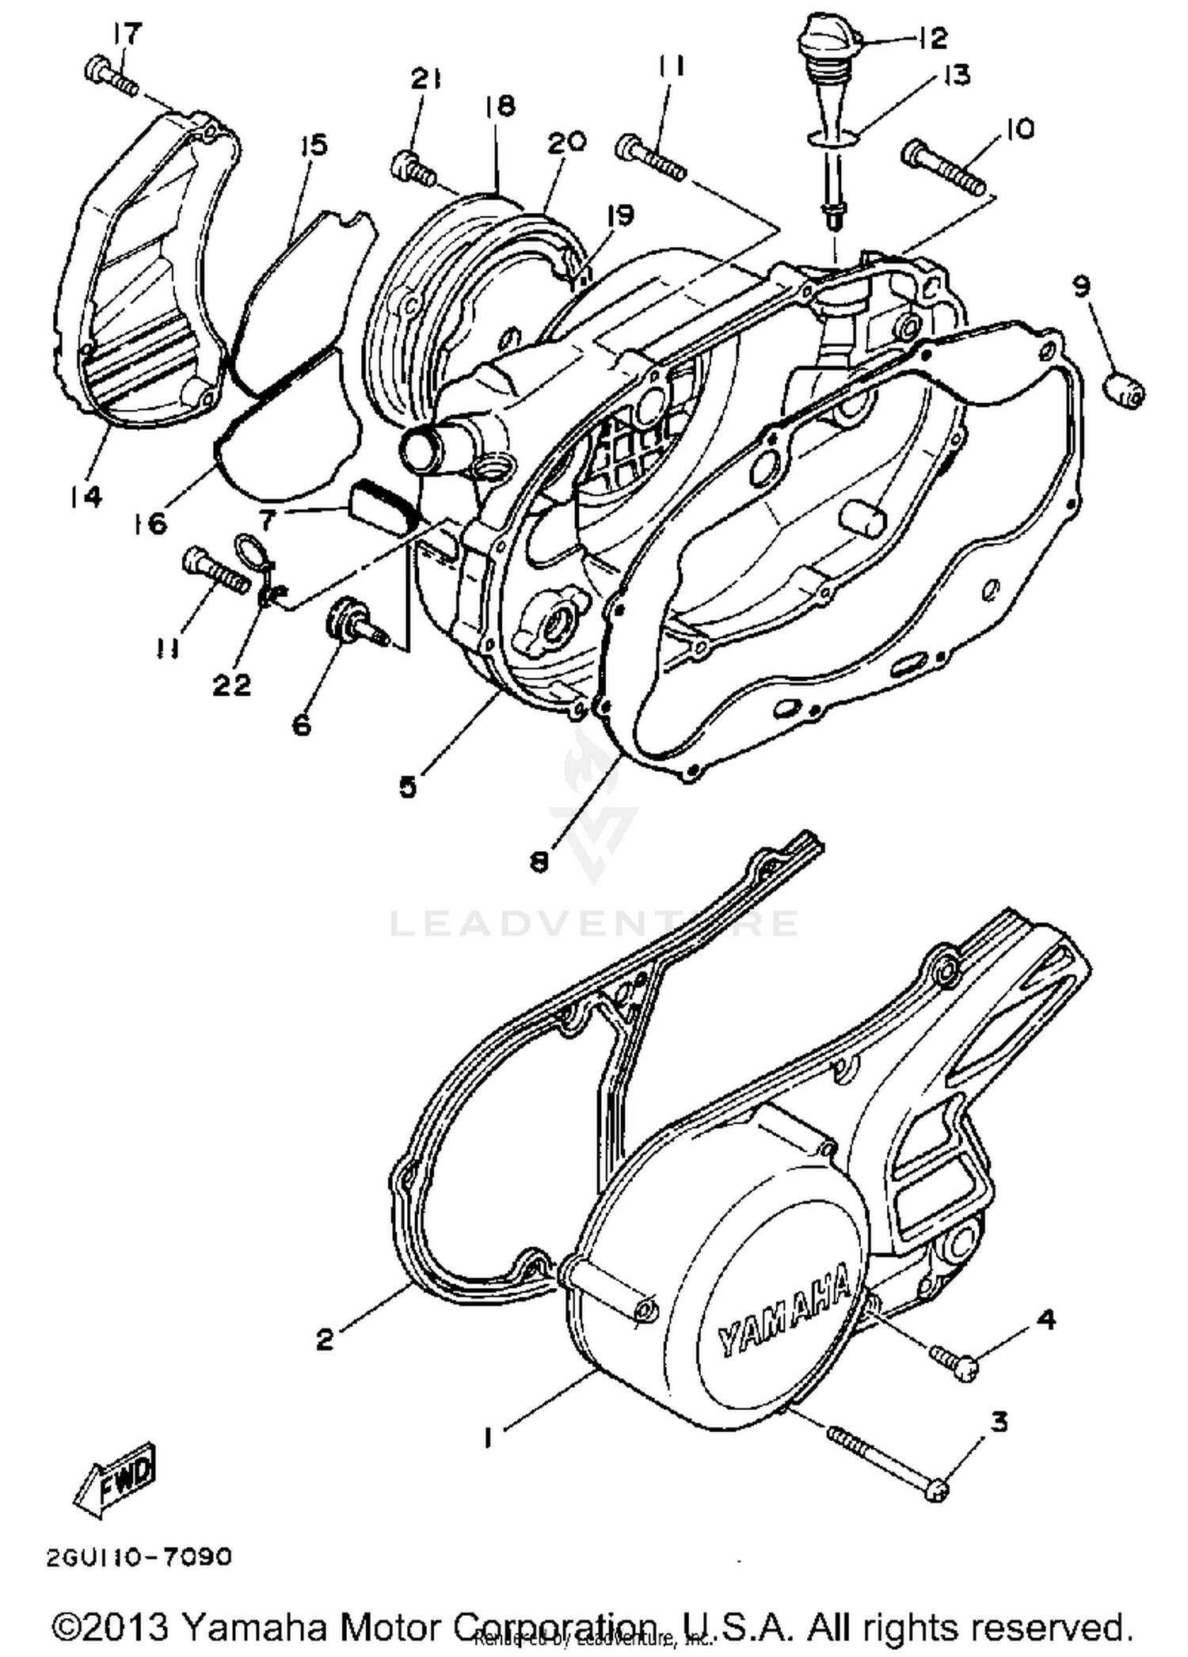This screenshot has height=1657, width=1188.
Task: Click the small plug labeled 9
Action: tap(1125, 390)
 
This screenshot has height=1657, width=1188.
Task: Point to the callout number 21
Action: tap(425, 79)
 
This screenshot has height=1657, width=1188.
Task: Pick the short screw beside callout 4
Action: tap(954, 1362)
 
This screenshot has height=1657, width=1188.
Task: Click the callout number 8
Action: tap(539, 861)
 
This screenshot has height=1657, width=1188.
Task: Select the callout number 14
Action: tap(86, 496)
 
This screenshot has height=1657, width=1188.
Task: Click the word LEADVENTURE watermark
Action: tap(594, 923)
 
